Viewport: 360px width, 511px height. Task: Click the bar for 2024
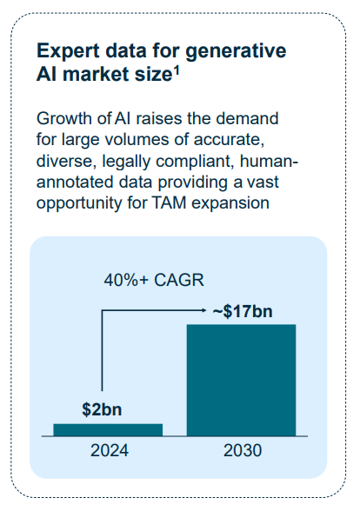pos(108,430)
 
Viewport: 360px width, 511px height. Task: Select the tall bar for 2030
pos(242,380)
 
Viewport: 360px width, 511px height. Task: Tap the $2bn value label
pos(102,409)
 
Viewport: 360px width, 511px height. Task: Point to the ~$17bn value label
pos(243,311)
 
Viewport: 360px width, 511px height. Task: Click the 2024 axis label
pos(110,450)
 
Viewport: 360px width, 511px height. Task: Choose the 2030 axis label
pos(243,450)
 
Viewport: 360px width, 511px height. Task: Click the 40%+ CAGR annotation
pos(154,280)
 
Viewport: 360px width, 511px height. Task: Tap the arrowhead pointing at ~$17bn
pos(204,310)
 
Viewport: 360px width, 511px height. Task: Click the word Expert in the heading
pos(68,51)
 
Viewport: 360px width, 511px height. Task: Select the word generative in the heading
pos(236,51)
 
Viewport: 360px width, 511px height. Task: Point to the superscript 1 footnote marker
pos(177,70)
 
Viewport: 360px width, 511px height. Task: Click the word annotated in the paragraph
pos(76,182)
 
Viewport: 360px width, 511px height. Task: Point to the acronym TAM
pos(169,203)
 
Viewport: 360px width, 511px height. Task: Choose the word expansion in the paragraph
pos(230,203)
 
